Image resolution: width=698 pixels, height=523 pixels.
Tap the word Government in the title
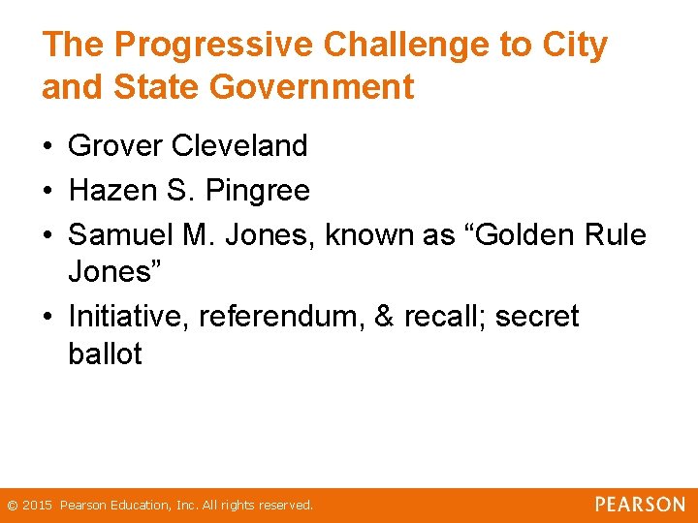312,87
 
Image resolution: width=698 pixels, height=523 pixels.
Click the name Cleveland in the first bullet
239,146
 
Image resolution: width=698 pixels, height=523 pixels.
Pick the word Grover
115,146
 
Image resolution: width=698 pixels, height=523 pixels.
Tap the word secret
537,317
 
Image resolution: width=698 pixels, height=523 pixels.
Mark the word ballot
105,354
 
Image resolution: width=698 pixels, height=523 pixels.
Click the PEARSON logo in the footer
640,505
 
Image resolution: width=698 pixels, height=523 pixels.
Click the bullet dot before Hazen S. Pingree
47,192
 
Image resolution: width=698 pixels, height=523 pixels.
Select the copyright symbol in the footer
13,506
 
